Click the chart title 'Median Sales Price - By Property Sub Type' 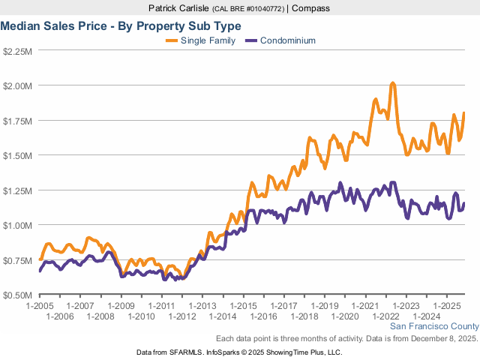click(x=121, y=25)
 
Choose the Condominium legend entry click(x=287, y=40)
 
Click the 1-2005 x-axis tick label click(x=39, y=306)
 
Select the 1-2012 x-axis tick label click(x=183, y=316)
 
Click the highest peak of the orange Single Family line click(x=392, y=83)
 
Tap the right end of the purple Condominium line click(x=464, y=204)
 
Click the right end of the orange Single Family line click(x=464, y=113)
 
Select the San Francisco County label click(x=433, y=327)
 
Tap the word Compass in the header click(x=310, y=8)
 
